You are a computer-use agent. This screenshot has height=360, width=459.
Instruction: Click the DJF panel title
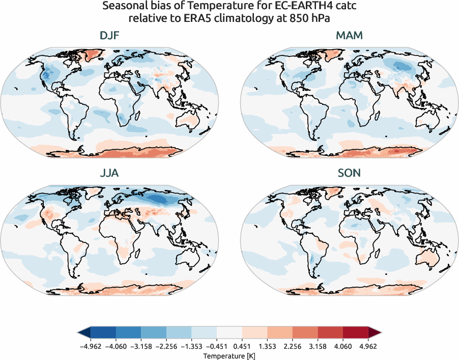110,36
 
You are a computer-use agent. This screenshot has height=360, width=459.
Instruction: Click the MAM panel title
349,36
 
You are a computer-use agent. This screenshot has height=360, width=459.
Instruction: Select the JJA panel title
110,173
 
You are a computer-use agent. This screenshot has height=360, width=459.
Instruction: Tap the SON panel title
349,173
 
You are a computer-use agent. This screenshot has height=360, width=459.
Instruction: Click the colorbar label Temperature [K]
229,355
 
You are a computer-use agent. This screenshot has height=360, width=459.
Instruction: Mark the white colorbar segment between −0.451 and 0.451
230,333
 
